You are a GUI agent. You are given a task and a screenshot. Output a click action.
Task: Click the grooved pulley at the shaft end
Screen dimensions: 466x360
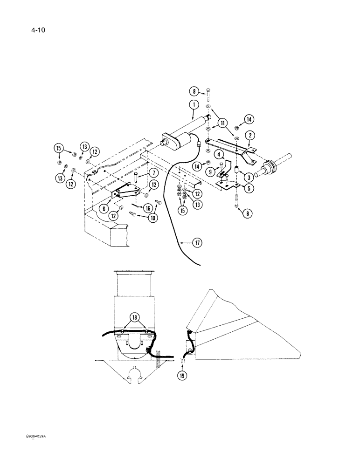(x=270, y=166)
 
